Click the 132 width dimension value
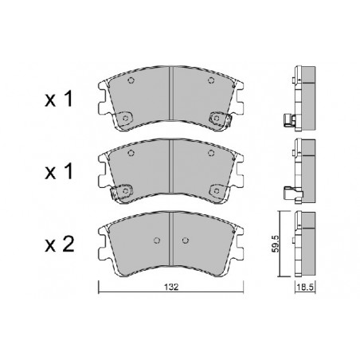171,287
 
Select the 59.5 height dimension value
276,244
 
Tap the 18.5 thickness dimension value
305,287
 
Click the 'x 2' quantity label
59,245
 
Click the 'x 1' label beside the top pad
58,99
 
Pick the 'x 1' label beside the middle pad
58,171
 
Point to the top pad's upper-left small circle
131,80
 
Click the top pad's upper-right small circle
211,80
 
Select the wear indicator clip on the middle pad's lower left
121,191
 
